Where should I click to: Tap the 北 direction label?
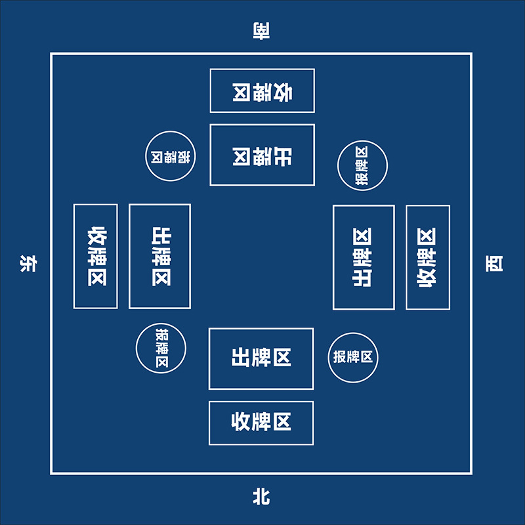(x=262, y=498)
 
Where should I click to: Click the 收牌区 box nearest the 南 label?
(x=262, y=91)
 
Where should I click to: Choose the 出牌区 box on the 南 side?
(x=262, y=155)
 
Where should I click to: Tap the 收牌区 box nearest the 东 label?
(x=96, y=256)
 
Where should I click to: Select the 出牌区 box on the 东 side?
(x=159, y=256)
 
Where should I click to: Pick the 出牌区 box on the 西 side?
(x=364, y=257)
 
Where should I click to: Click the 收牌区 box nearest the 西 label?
(x=428, y=257)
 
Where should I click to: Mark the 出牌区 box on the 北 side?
(x=261, y=358)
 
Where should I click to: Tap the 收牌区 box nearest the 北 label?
(x=261, y=423)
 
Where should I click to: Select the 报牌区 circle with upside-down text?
(x=171, y=156)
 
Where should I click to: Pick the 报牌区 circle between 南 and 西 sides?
(x=362, y=165)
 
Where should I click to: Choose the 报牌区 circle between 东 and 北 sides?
(x=161, y=348)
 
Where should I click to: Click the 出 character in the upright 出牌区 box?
(x=241, y=358)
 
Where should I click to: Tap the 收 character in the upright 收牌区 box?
(x=241, y=423)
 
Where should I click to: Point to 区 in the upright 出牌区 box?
(x=282, y=358)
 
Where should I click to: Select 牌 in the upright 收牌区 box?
(x=261, y=423)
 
